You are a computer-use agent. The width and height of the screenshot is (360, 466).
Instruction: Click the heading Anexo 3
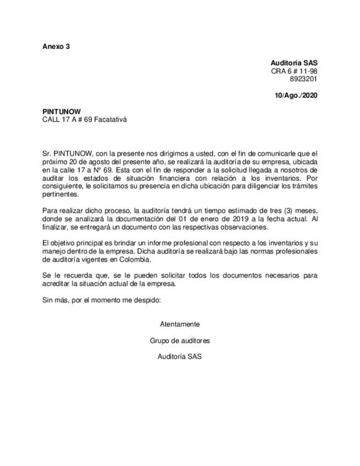(x=56, y=46)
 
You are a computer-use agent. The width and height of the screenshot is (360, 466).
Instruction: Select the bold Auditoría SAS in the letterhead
(x=294, y=63)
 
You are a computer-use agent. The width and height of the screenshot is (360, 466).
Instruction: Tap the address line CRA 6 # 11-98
(x=294, y=71)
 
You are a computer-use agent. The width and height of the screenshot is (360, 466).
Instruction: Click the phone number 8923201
(x=303, y=79)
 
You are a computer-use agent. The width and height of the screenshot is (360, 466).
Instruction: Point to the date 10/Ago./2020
(x=296, y=95)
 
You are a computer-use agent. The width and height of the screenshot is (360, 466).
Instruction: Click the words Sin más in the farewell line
(x=54, y=299)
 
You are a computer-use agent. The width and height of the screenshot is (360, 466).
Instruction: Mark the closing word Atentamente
(x=180, y=324)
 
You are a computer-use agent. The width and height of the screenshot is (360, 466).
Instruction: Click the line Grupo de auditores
(x=180, y=340)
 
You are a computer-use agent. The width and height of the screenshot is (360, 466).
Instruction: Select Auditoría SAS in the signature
(x=180, y=357)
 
